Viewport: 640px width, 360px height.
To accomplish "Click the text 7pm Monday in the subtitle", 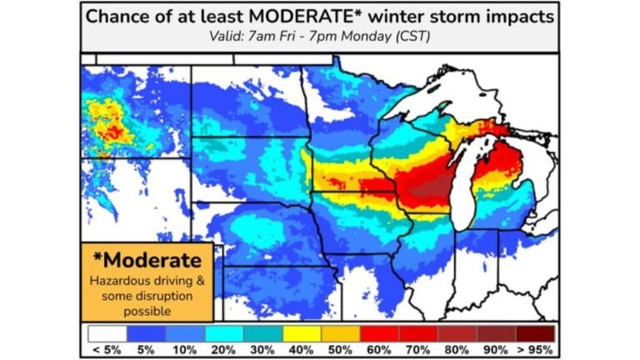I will [360, 37].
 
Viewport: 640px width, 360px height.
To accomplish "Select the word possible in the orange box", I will [147, 311].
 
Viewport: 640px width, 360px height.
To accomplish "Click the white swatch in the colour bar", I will [107, 333].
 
